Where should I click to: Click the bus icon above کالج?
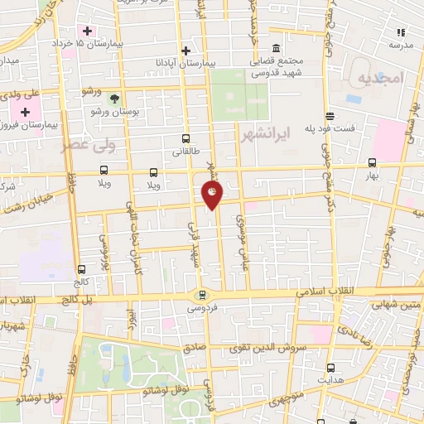click(x=81, y=269)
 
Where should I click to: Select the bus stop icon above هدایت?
click(x=331, y=368)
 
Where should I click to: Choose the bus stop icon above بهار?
click(x=371, y=163)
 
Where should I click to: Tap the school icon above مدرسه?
click(x=402, y=32)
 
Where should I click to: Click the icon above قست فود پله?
click(x=330, y=117)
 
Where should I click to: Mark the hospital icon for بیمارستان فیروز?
click(x=26, y=111)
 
